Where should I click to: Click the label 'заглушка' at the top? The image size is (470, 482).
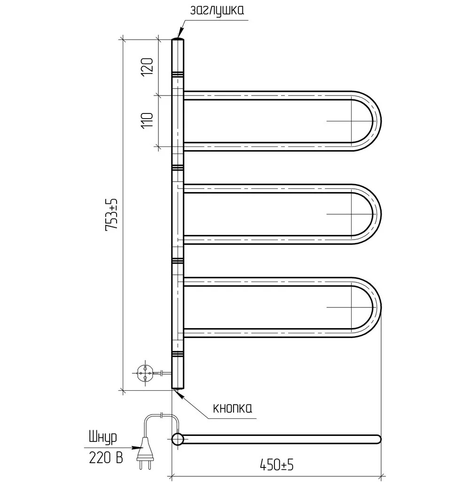point(217,10)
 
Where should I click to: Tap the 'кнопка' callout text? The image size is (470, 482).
point(232,408)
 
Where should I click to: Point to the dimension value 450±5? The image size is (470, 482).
point(277,465)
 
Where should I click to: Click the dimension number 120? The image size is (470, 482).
point(148,67)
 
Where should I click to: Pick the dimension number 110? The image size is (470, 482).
point(148,120)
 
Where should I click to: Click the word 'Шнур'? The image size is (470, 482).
point(103,438)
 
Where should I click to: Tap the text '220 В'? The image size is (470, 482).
point(106,458)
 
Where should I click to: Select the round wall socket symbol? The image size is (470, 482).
point(145,373)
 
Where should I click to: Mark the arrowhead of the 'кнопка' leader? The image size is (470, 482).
point(179,394)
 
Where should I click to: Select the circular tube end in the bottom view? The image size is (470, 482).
point(178,439)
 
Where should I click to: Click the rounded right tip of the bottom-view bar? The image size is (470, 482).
point(378,439)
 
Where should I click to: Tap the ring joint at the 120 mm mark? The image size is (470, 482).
point(178,74)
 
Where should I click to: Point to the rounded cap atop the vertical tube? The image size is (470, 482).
point(178,40)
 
